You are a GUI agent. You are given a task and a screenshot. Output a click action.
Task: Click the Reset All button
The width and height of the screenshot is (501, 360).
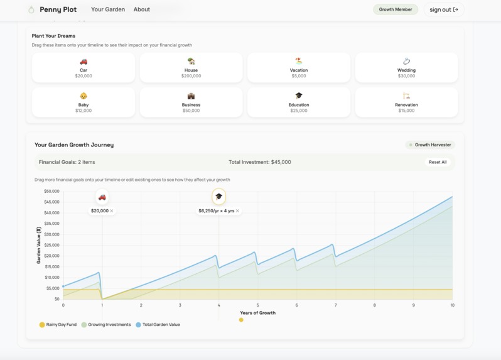[x=438, y=162]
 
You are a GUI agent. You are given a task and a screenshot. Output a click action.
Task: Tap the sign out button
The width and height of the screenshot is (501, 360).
[x=443, y=9]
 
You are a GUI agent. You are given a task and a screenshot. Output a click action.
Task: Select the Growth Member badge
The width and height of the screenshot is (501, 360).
[x=395, y=9]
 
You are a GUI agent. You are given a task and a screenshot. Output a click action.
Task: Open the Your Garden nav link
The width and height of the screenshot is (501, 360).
[x=108, y=9]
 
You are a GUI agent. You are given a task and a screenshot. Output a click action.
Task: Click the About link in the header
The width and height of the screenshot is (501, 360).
[x=142, y=9]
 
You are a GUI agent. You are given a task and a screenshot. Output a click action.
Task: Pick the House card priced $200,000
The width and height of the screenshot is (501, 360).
[x=191, y=68]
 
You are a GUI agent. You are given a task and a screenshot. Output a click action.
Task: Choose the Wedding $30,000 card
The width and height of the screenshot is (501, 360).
[x=406, y=68]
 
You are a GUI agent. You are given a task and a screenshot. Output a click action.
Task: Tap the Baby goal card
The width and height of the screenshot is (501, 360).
[x=83, y=102]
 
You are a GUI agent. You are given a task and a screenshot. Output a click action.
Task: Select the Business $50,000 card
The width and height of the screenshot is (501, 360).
[x=191, y=102]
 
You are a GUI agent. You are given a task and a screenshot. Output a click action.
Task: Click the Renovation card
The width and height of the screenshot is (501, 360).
[x=406, y=102]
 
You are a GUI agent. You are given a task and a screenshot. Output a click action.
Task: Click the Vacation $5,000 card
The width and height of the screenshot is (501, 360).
[x=299, y=68]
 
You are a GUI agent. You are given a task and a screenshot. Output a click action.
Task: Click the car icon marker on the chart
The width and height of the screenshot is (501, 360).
[x=102, y=197]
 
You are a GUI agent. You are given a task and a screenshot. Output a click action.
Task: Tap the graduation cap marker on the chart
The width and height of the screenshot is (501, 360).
[x=218, y=197]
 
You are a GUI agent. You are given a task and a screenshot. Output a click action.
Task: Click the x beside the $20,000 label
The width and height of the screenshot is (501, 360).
[x=112, y=211]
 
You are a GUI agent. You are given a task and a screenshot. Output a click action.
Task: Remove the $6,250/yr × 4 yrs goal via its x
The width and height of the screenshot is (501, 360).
[x=237, y=211]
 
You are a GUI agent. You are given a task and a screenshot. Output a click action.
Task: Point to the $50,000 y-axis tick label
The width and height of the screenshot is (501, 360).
[x=51, y=191]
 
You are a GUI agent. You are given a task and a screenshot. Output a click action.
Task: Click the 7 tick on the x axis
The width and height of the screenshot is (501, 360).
[x=336, y=305]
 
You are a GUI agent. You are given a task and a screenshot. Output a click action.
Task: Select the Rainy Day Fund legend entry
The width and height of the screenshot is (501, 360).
[x=58, y=325]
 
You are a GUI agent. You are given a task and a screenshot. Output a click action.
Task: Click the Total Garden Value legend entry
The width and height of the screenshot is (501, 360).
[x=158, y=325]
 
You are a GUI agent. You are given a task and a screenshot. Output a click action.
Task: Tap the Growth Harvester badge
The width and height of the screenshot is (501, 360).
[x=429, y=145]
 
